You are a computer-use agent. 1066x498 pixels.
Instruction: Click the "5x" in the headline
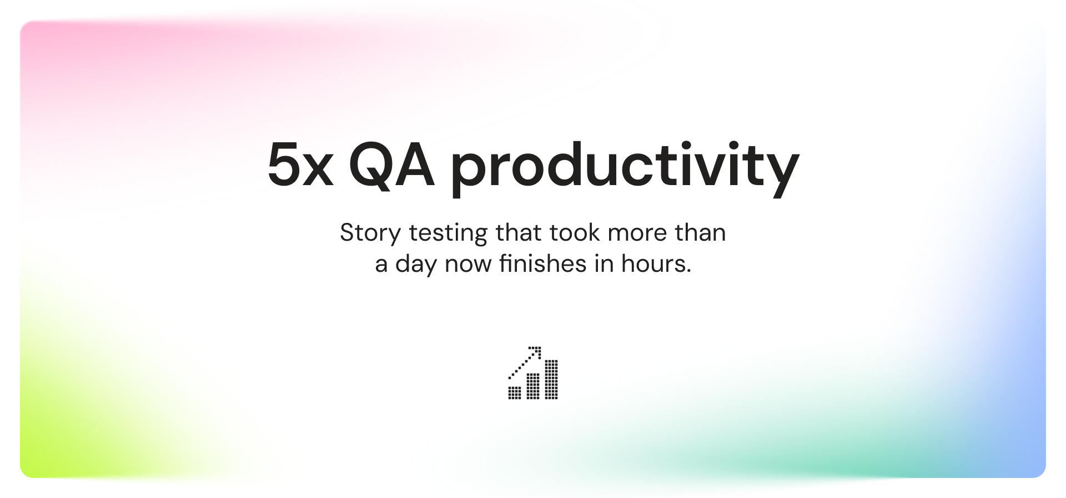[x=300, y=165]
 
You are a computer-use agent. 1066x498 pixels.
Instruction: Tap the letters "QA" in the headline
[x=391, y=165]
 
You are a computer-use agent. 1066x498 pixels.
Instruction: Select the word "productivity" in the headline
[x=625, y=168]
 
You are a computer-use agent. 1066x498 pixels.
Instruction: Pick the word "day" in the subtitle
[x=416, y=265]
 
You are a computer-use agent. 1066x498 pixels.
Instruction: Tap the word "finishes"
[x=542, y=263]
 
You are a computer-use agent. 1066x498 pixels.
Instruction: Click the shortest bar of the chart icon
[x=515, y=392]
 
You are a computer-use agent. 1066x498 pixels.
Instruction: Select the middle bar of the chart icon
[x=533, y=386]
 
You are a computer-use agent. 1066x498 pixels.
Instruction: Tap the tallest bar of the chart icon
[x=551, y=379]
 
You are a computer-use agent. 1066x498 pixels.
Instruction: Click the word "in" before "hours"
[x=604, y=263]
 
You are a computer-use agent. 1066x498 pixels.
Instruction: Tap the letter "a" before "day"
[x=381, y=266]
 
